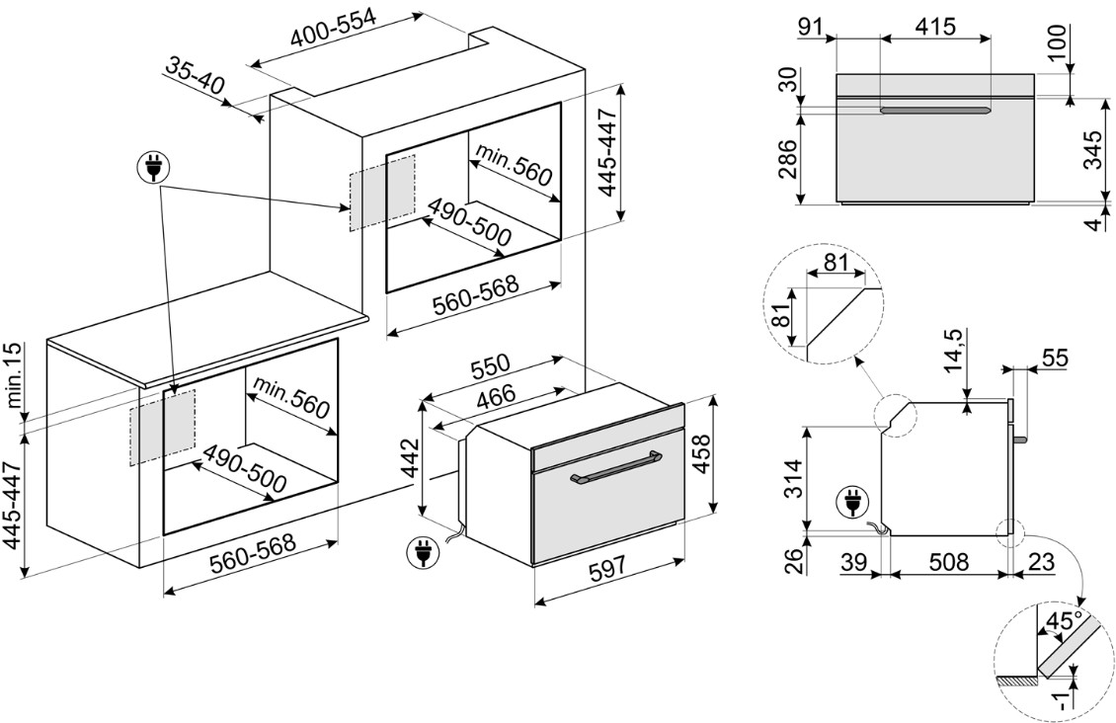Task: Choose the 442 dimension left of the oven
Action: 411,456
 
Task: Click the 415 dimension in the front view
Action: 934,27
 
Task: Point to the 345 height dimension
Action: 1091,150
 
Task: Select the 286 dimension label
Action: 786,158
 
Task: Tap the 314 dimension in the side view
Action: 787,480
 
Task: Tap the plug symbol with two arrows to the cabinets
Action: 152,169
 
